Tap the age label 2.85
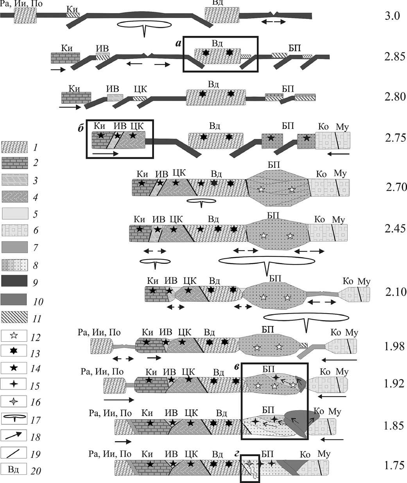[x=394, y=56]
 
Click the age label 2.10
[x=395, y=292]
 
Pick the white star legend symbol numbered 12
[x=14, y=336]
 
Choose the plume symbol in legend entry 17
[x=14, y=419]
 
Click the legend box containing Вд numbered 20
[x=14, y=469]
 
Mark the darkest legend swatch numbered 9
[x=14, y=281]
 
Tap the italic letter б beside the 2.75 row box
[x=81, y=128]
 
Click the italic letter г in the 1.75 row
[x=236, y=454]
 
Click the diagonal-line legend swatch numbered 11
[x=14, y=317]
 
